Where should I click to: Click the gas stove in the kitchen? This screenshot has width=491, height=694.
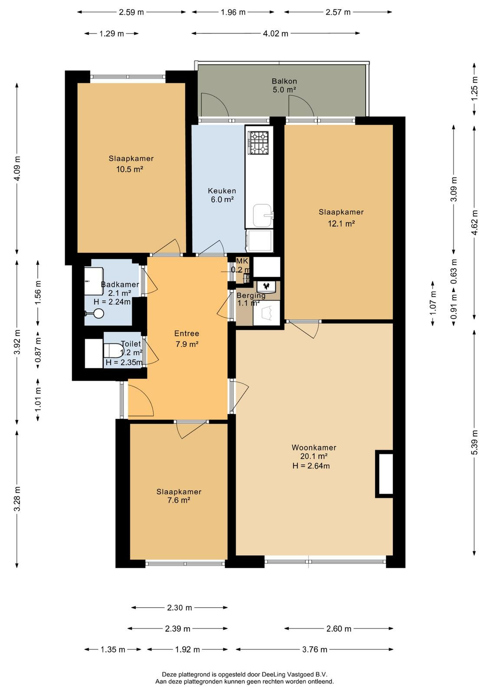[259, 143]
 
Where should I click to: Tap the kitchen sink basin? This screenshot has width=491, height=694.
[262, 215]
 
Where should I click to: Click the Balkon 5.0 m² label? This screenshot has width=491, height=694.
[284, 85]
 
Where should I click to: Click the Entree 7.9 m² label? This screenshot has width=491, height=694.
[187, 339]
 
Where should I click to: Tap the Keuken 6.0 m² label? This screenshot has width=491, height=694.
[222, 195]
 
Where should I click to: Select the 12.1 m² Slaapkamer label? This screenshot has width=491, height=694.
[341, 217]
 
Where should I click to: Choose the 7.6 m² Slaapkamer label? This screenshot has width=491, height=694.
[179, 496]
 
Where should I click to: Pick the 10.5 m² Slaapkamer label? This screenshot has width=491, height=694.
[131, 164]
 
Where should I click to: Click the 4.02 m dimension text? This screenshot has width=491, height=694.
[275, 33]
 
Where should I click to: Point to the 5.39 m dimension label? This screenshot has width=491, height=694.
[475, 442]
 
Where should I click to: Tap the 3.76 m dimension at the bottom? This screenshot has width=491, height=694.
[314, 649]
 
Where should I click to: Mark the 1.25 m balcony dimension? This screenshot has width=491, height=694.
[475, 88]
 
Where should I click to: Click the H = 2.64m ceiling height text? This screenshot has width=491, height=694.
[311, 466]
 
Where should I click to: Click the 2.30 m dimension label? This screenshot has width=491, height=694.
[180, 608]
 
